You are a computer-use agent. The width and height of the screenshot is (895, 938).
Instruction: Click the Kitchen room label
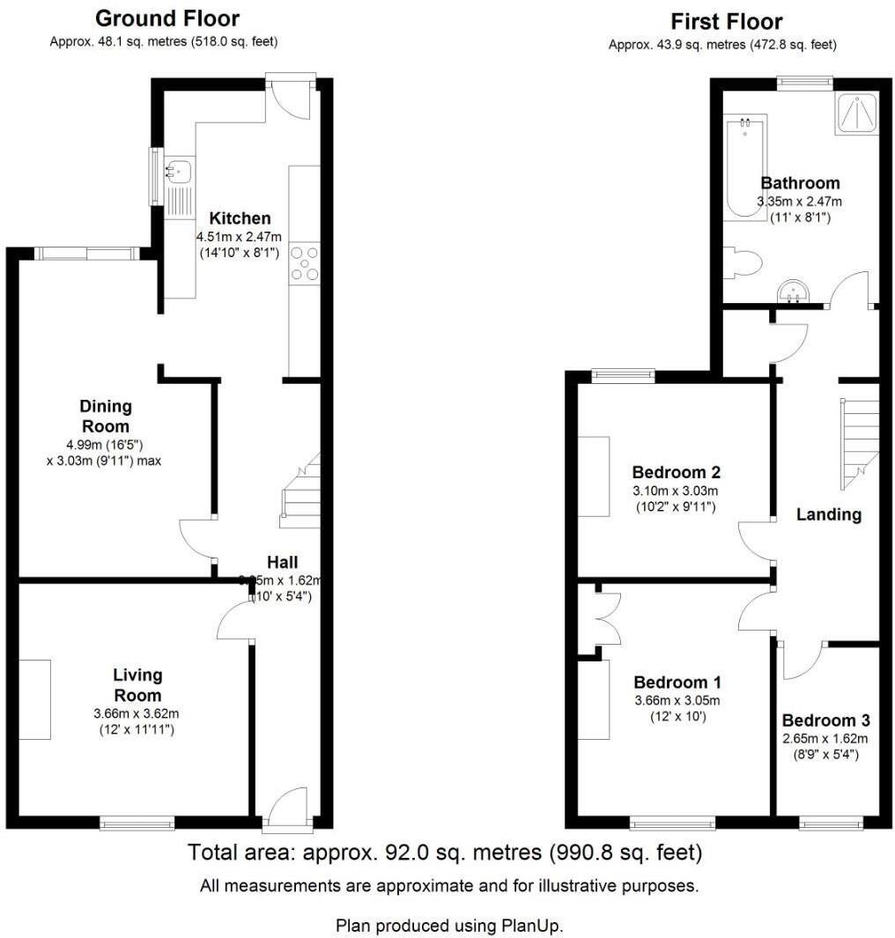(239, 218)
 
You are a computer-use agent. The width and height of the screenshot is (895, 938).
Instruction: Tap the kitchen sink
(179, 169)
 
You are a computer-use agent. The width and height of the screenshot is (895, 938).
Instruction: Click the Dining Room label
(106, 417)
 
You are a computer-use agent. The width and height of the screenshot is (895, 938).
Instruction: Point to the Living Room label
(137, 685)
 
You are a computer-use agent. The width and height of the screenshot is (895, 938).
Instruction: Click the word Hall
(282, 562)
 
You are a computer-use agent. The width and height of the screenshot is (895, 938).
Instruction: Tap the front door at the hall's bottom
(287, 808)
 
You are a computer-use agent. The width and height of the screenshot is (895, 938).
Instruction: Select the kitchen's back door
(291, 97)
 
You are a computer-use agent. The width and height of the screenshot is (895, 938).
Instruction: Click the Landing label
(828, 514)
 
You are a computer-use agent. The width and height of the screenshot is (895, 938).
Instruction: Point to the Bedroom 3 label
(825, 720)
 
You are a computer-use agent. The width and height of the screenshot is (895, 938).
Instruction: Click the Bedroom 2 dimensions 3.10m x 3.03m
(675, 491)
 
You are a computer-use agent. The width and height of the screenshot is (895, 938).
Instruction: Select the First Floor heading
(726, 21)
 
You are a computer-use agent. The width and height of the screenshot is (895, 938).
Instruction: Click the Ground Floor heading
(166, 18)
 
